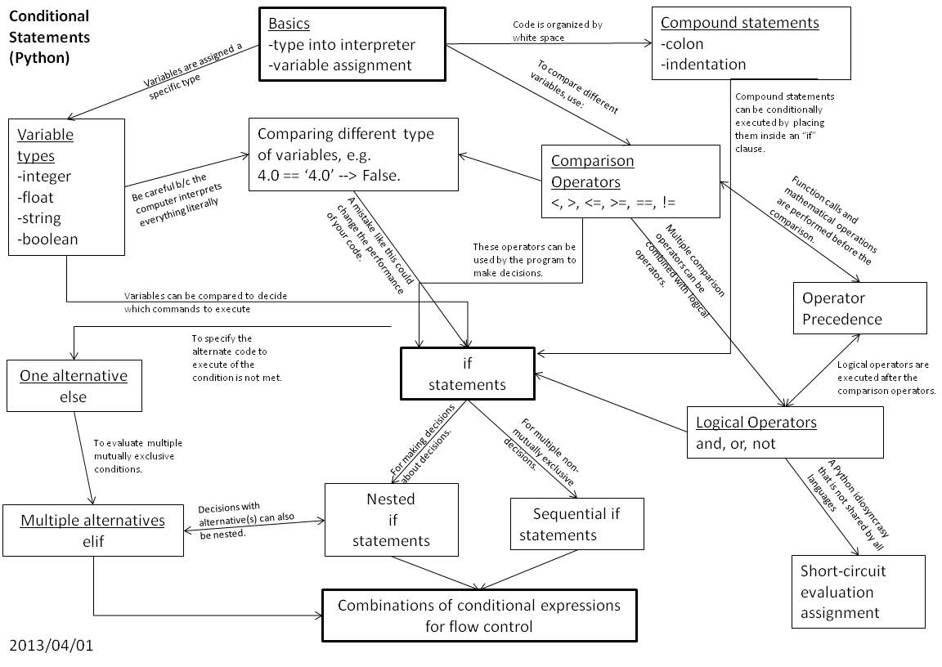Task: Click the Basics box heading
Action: (289, 24)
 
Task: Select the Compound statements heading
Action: (739, 23)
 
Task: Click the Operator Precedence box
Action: (859, 308)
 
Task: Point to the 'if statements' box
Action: (468, 374)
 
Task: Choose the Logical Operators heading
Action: (756, 422)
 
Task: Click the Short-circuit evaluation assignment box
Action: (858, 591)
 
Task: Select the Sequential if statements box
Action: (576, 523)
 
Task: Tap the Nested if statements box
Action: (391, 519)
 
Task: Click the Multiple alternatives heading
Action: (92, 520)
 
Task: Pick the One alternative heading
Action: (74, 376)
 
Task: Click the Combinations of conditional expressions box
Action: (479, 616)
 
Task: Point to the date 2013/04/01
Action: (52, 646)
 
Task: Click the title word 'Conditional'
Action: (49, 16)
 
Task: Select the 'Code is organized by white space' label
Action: (557, 30)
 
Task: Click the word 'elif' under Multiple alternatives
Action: (93, 541)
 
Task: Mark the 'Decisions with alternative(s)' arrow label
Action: (246, 520)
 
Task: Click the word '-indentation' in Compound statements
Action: (703, 65)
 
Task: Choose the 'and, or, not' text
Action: (735, 444)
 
